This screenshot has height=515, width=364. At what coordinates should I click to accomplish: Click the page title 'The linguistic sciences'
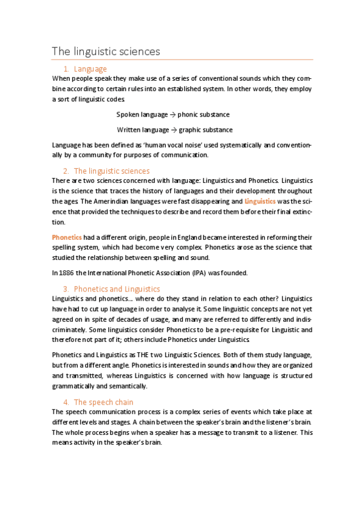pyautogui.click(x=106, y=51)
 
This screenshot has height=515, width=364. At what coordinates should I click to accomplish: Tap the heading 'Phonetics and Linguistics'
pyautogui.click(x=116, y=288)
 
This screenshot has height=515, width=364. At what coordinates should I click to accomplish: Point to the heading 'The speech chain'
pyautogui.click(x=103, y=402)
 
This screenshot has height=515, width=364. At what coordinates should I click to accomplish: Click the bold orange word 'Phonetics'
pyautogui.click(x=67, y=236)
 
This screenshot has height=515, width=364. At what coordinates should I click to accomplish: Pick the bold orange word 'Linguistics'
pyautogui.click(x=260, y=200)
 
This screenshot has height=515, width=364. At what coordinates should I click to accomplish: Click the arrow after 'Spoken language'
pyautogui.click(x=173, y=114)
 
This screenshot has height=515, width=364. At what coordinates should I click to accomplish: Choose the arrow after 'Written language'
pyautogui.click(x=174, y=129)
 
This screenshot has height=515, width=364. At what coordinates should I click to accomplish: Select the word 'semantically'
pyautogui.click(x=128, y=386)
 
